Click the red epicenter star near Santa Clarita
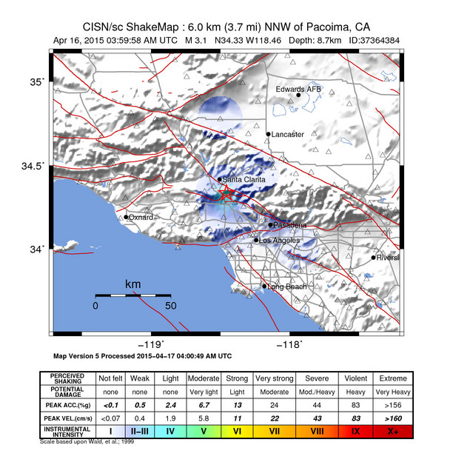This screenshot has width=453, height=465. tap(226, 194)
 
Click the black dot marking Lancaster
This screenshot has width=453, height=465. tap(268, 134)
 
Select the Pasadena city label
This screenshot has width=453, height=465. tap(289, 224)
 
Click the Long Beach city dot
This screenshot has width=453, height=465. tap(264, 287)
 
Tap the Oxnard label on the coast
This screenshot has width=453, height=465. tap(141, 217)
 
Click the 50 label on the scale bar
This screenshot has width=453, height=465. tap(170, 305)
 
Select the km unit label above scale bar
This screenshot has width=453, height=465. tap(133, 284)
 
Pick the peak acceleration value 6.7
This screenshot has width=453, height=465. tap(202, 404)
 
